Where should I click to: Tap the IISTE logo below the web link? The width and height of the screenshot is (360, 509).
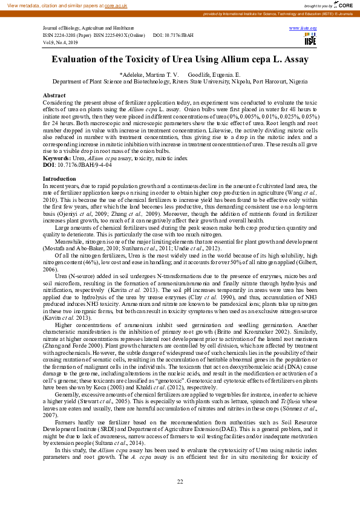coord(310,40)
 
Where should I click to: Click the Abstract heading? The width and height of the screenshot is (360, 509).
coord(54,96)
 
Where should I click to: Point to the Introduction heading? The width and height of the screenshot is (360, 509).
coord(59,180)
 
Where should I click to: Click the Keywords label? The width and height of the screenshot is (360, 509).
coord(57,158)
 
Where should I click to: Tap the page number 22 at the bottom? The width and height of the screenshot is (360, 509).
coord(180,481)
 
